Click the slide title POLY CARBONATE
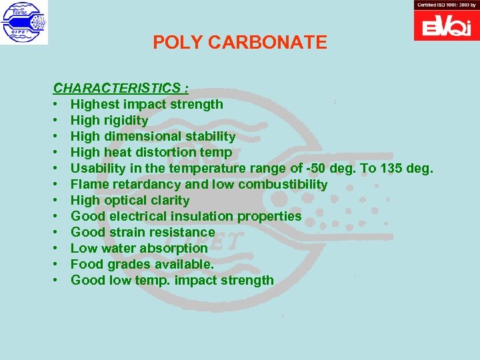[240, 43]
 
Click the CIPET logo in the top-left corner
[24, 23]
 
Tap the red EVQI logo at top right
[446, 26]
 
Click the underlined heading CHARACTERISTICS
[117, 88]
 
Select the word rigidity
[125, 120]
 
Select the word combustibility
[287, 184]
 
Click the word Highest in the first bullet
[95, 104]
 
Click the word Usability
[99, 168]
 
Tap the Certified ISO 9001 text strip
[446, 5]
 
